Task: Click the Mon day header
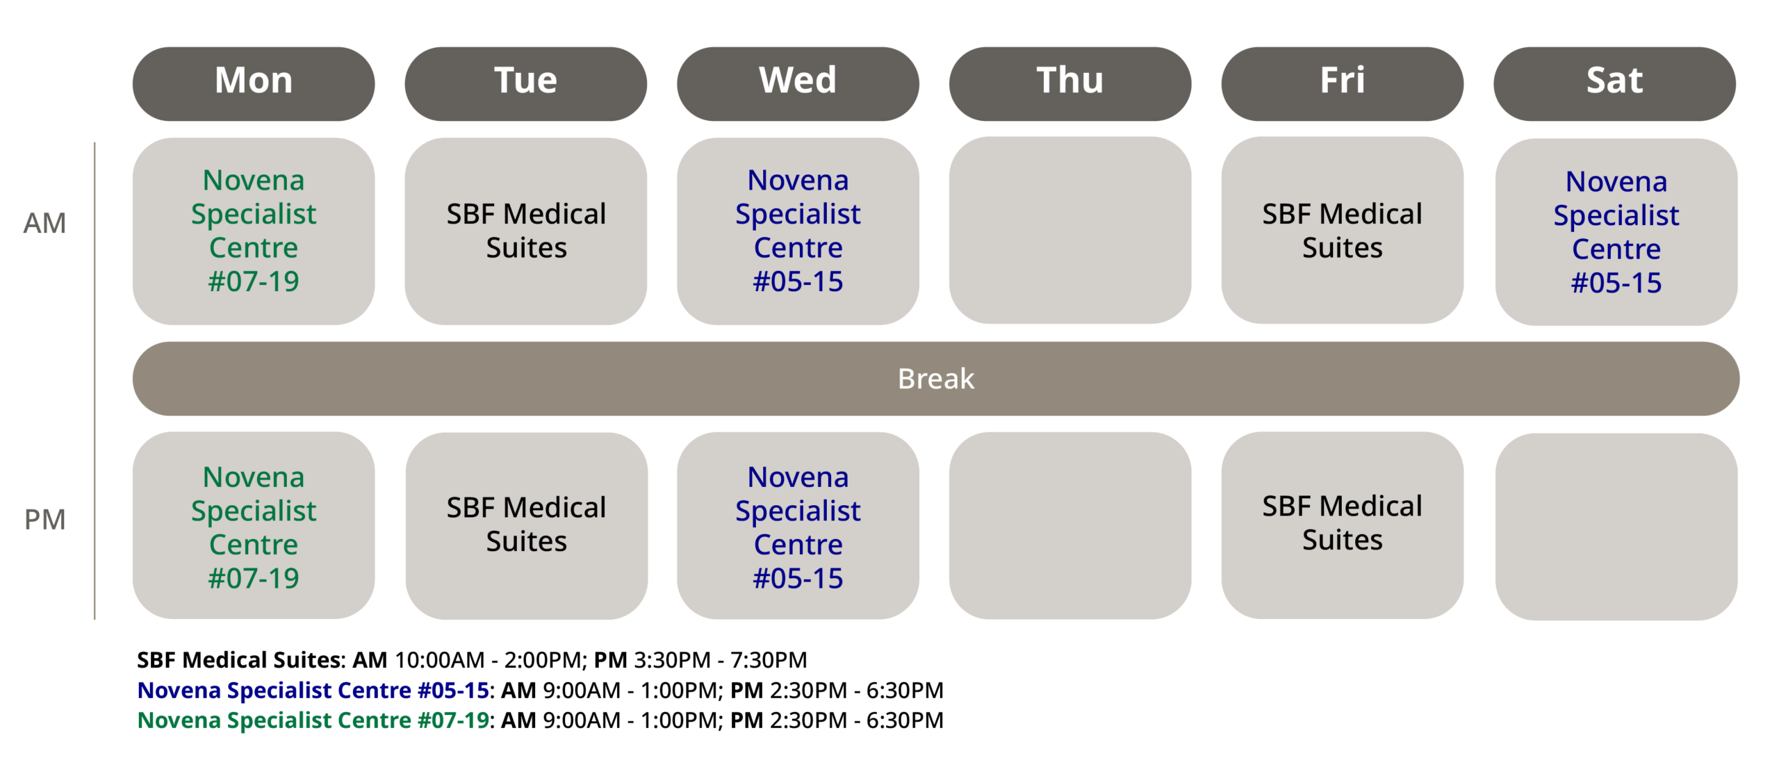tap(254, 83)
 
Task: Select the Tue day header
tap(526, 83)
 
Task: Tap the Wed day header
tap(798, 83)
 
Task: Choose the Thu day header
tap(1070, 83)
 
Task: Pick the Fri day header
tap(1343, 83)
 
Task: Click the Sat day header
tap(1615, 83)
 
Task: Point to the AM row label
tap(44, 223)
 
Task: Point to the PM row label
tap(44, 520)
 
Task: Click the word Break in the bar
tap(936, 379)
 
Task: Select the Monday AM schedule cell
tap(254, 231)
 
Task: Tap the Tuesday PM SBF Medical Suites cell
tap(527, 525)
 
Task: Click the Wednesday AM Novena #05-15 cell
tap(798, 231)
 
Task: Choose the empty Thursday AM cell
tap(1070, 230)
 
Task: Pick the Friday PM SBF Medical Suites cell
tap(1343, 525)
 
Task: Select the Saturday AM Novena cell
tap(1616, 232)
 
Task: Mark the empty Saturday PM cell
tap(1616, 527)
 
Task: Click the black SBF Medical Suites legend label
tap(240, 659)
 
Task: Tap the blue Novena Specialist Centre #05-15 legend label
tap(313, 690)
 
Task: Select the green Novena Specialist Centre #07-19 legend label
tap(313, 720)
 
